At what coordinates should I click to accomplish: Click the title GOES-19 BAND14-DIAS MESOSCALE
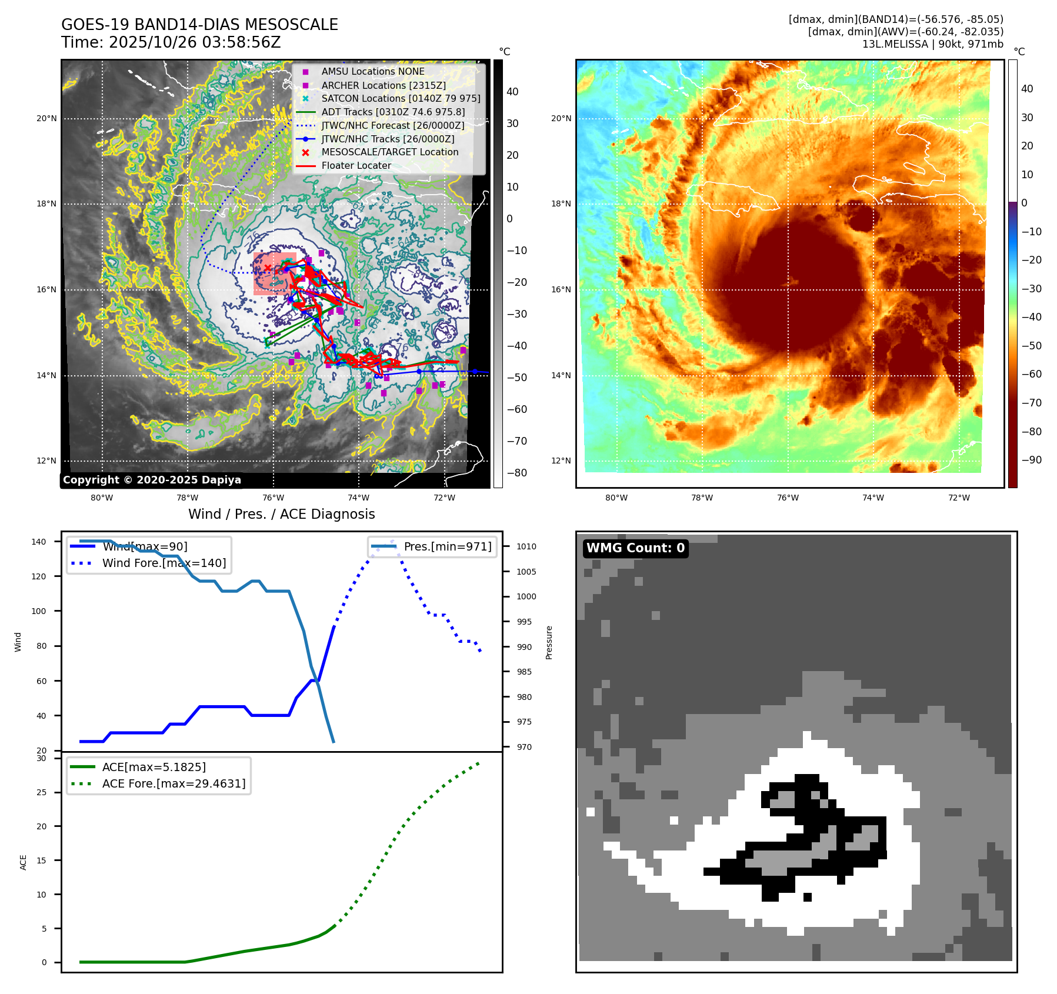coord(199,25)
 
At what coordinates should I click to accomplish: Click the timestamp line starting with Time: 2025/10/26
coord(171,42)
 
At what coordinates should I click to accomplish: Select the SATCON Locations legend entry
coord(401,98)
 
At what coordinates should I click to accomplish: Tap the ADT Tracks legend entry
coord(393,112)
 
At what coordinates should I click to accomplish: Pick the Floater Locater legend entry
coord(356,165)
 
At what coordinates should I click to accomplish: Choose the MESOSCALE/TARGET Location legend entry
coord(389,152)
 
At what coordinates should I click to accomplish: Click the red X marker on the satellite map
coord(268,268)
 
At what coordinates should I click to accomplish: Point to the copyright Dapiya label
coord(152,480)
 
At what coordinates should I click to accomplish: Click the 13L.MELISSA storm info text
coord(932,44)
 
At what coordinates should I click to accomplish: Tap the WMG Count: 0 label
coord(635,548)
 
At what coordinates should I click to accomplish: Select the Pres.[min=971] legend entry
coord(447,546)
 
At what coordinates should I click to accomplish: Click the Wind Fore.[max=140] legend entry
coord(164,563)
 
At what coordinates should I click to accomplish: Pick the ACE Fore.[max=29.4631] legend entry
coord(174,783)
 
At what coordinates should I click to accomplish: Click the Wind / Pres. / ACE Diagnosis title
coord(281,514)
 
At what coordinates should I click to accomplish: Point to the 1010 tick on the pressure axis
coord(526,546)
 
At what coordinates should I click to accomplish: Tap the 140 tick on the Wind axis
coord(38,542)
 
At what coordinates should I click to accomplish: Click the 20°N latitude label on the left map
coord(46,118)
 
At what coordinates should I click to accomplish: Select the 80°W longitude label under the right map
coord(616,498)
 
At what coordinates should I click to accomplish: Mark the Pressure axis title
coord(549,642)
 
